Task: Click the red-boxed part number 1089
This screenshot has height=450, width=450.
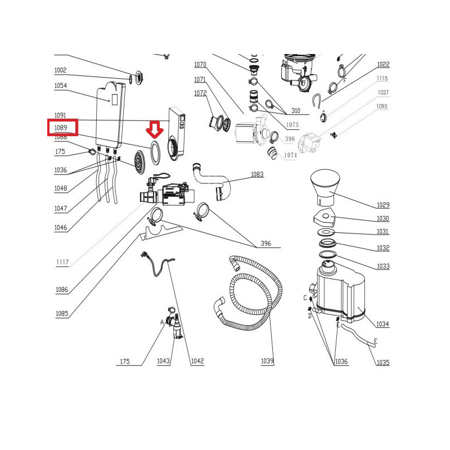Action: (x=61, y=128)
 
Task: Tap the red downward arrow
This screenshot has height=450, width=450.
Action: (x=155, y=130)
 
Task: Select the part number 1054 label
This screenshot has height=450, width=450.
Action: (x=61, y=85)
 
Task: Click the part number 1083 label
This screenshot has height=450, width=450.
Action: (x=256, y=175)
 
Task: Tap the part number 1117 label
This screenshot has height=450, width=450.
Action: (x=62, y=263)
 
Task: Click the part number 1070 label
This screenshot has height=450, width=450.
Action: (x=200, y=65)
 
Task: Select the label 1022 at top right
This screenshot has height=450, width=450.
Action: (x=383, y=65)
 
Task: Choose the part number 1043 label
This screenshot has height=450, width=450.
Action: (x=163, y=361)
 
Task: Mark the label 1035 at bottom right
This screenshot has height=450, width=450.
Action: (x=383, y=363)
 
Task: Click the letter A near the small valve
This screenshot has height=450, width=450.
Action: (x=162, y=322)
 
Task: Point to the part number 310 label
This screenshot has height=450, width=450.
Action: (x=295, y=111)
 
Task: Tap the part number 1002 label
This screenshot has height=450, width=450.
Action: (x=61, y=70)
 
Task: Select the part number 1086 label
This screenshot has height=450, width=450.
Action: (x=62, y=290)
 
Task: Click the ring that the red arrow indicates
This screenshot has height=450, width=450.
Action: (x=155, y=154)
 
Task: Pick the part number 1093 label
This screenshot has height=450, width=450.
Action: (x=382, y=106)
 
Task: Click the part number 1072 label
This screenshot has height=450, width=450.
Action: (x=200, y=93)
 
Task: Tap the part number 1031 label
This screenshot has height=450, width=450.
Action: (x=383, y=232)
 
